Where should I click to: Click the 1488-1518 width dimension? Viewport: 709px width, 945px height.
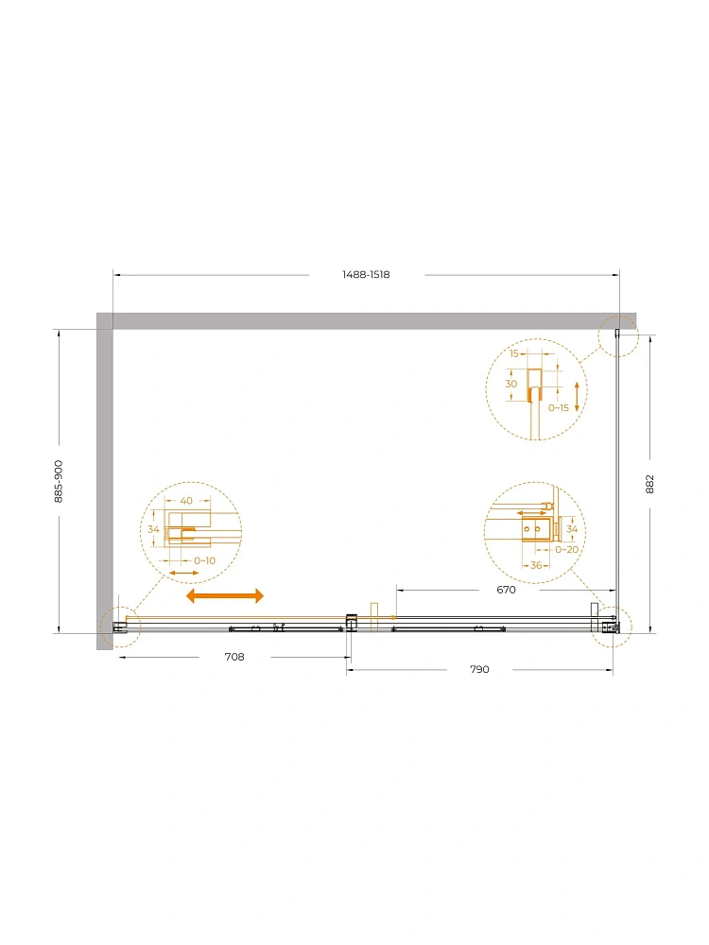[x=366, y=275]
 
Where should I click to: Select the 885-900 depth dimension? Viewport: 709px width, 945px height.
[x=59, y=482]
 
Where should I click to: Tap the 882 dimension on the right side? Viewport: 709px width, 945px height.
[x=649, y=484]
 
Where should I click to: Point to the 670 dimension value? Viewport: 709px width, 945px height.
[x=506, y=590]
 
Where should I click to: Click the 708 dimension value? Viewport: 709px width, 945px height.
[x=234, y=657]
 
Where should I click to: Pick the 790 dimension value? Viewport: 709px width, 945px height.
[x=479, y=670]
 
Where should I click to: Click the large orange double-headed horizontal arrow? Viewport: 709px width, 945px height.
[x=225, y=596]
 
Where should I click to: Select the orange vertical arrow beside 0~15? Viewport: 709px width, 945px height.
[x=577, y=397]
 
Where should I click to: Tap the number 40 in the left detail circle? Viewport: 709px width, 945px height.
[x=186, y=501]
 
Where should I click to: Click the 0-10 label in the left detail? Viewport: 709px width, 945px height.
[x=204, y=561]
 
